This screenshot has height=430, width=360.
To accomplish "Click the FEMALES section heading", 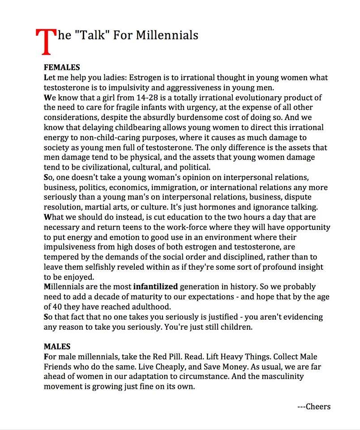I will click(62, 68).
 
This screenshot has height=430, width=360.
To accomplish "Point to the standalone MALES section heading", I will click(57, 346).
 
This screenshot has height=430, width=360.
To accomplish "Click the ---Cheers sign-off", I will click(314, 407).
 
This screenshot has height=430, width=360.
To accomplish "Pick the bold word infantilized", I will click(155, 287).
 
